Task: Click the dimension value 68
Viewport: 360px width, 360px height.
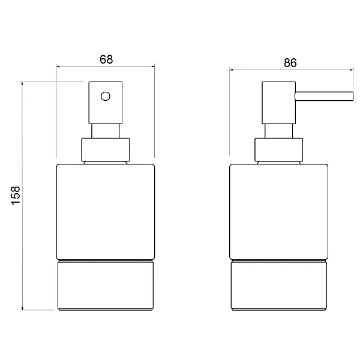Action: click(x=106, y=59)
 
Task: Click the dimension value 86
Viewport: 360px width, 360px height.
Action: click(x=290, y=62)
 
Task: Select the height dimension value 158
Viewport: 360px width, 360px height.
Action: click(x=16, y=196)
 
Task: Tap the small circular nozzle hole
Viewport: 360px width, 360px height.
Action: click(x=106, y=96)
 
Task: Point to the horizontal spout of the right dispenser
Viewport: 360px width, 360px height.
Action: click(x=324, y=96)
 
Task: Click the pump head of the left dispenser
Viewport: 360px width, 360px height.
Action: click(x=106, y=103)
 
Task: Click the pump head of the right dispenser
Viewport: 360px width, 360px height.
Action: click(x=279, y=103)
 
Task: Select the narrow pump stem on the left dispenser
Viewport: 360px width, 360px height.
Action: click(x=106, y=131)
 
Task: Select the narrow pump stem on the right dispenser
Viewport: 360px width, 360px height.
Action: click(x=279, y=131)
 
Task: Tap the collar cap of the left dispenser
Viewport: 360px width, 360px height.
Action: click(x=106, y=149)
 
